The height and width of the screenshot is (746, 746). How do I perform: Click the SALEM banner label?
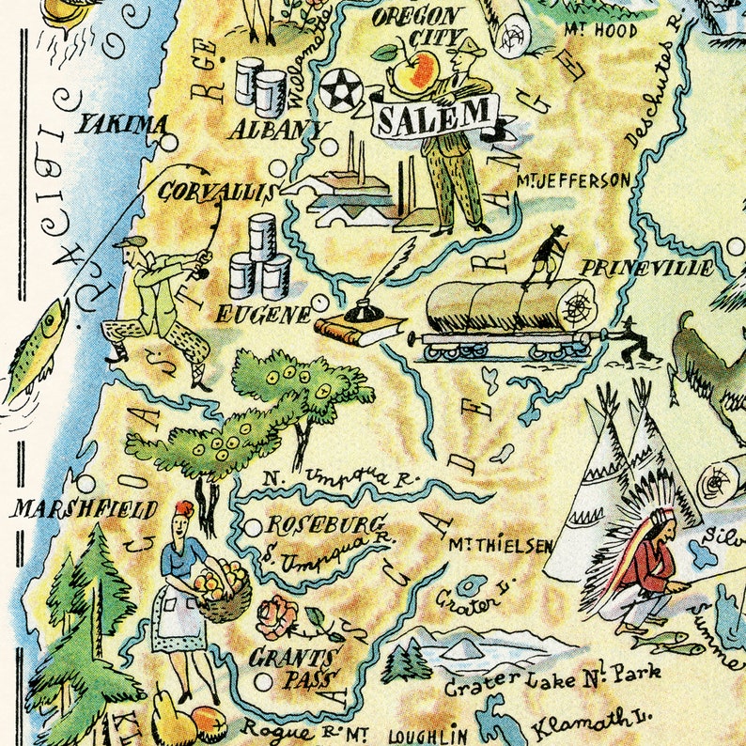[x=434, y=116]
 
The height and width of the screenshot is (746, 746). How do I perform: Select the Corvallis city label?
[x=216, y=193]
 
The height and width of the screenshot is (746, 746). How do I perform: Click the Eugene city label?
[x=262, y=315]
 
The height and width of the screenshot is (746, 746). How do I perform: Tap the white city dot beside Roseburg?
[x=252, y=528]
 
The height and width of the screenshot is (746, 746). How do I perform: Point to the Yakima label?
[x=122, y=123]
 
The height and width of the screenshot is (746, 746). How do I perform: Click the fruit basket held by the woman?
[x=224, y=592]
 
